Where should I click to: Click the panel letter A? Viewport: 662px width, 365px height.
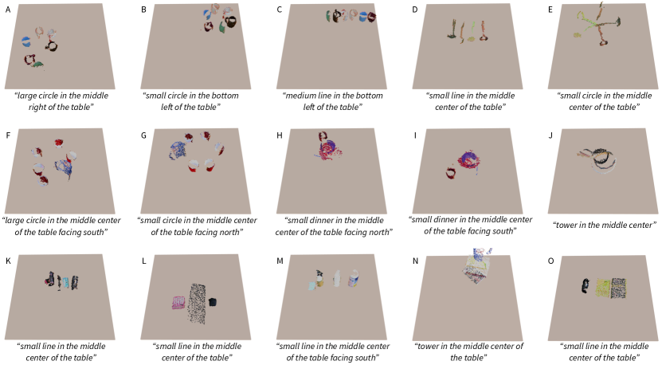pos(8,10)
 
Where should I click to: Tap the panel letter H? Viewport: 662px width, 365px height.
pos(279,135)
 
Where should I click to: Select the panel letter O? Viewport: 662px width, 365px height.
pos(550,261)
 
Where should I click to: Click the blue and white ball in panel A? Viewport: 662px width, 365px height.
pos(26,41)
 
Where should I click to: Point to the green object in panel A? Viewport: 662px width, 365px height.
pos(37,65)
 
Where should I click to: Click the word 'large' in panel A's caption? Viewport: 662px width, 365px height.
pos(27,96)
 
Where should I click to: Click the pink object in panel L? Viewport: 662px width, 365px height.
pos(179,303)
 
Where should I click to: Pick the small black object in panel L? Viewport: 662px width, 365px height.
pos(213,302)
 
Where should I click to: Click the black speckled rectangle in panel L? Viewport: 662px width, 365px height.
pos(197,304)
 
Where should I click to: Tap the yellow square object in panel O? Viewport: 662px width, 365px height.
pos(603,288)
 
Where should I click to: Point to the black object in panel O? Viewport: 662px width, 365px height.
pos(586,286)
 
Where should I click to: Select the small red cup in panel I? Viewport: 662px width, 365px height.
pos(451,173)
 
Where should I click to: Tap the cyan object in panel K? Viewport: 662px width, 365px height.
pos(66,282)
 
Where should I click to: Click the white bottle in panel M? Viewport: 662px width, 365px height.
pos(336,279)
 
